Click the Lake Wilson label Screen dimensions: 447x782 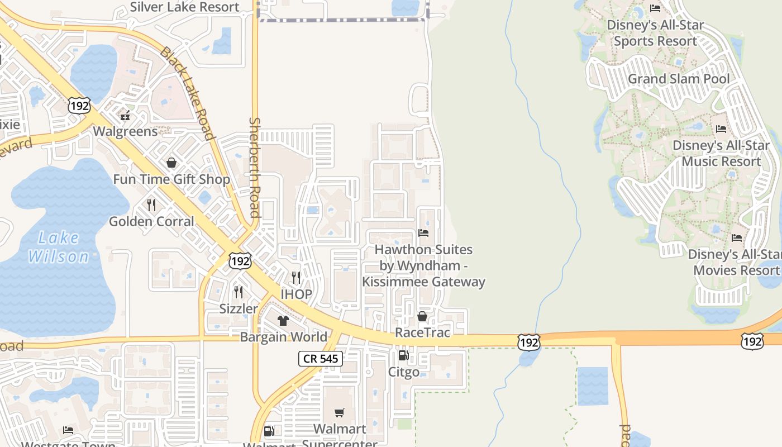coord(59,247)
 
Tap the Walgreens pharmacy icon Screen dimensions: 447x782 coord(125,116)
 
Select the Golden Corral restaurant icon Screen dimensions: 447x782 coord(151,205)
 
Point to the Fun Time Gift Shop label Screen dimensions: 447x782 coord(171,179)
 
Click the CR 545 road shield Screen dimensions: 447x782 coord(321,358)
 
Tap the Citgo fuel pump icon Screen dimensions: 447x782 coord(403,355)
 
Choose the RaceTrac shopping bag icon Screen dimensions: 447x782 coord(422,316)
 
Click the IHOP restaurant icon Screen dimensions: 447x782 coord(296,277)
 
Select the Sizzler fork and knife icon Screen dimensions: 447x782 coord(239,292)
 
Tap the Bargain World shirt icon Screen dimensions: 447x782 coord(283,320)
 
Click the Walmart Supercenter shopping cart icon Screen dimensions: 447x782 coord(339,412)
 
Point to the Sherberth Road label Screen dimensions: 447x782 coord(255,167)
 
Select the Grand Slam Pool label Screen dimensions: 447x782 coord(679,79)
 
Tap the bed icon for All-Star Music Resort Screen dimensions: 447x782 coord(721,129)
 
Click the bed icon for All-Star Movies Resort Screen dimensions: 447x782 coord(737,238)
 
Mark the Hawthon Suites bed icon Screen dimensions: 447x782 coord(423,232)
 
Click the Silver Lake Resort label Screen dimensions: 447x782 coord(184,7)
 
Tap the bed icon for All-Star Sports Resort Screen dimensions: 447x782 coord(655,8)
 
